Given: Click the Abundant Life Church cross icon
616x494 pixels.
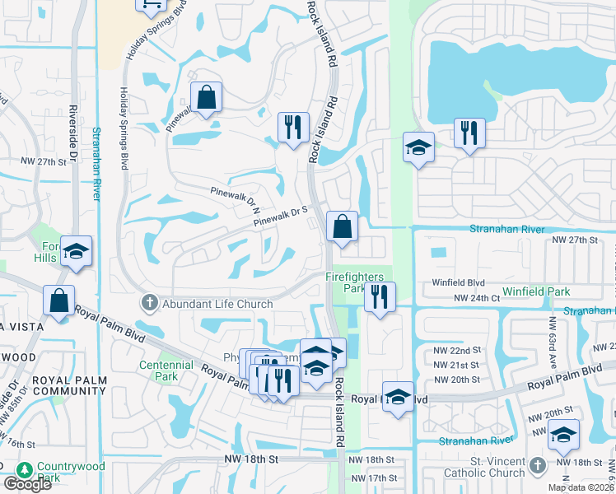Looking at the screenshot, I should pyautogui.click(x=149, y=304).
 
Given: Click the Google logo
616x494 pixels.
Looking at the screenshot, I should pyautogui.click(x=27, y=484).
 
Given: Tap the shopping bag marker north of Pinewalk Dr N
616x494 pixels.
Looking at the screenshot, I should pyautogui.click(x=207, y=97).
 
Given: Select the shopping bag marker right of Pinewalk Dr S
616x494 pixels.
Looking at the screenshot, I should pyautogui.click(x=342, y=226).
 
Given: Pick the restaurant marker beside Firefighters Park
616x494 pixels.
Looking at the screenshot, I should pyautogui.click(x=379, y=297).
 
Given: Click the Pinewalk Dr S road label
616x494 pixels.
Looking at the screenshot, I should pyautogui.click(x=280, y=217).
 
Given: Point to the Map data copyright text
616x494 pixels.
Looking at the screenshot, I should pyautogui.click(x=580, y=487).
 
